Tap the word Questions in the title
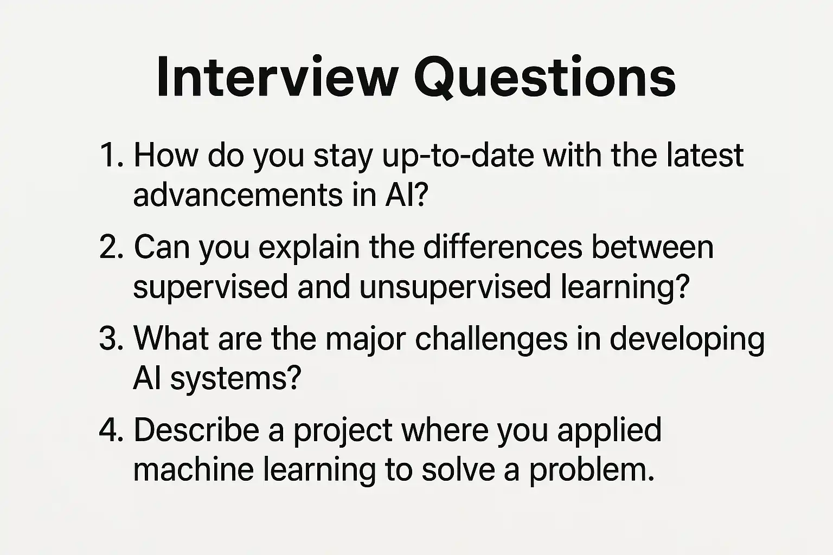pyautogui.click(x=544, y=78)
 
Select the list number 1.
pyautogui.click(x=111, y=155)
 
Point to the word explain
pyautogui.click(x=309, y=248)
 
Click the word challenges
pyautogui.click(x=491, y=340)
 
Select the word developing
pyautogui.click(x=687, y=340)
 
